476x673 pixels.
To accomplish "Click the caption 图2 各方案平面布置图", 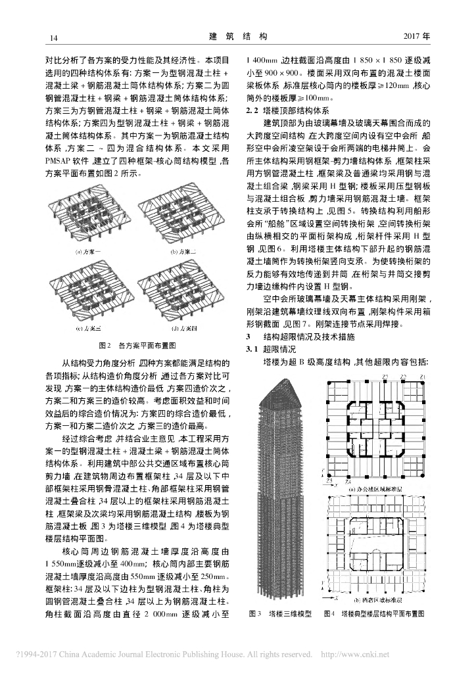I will coord(137,344).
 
